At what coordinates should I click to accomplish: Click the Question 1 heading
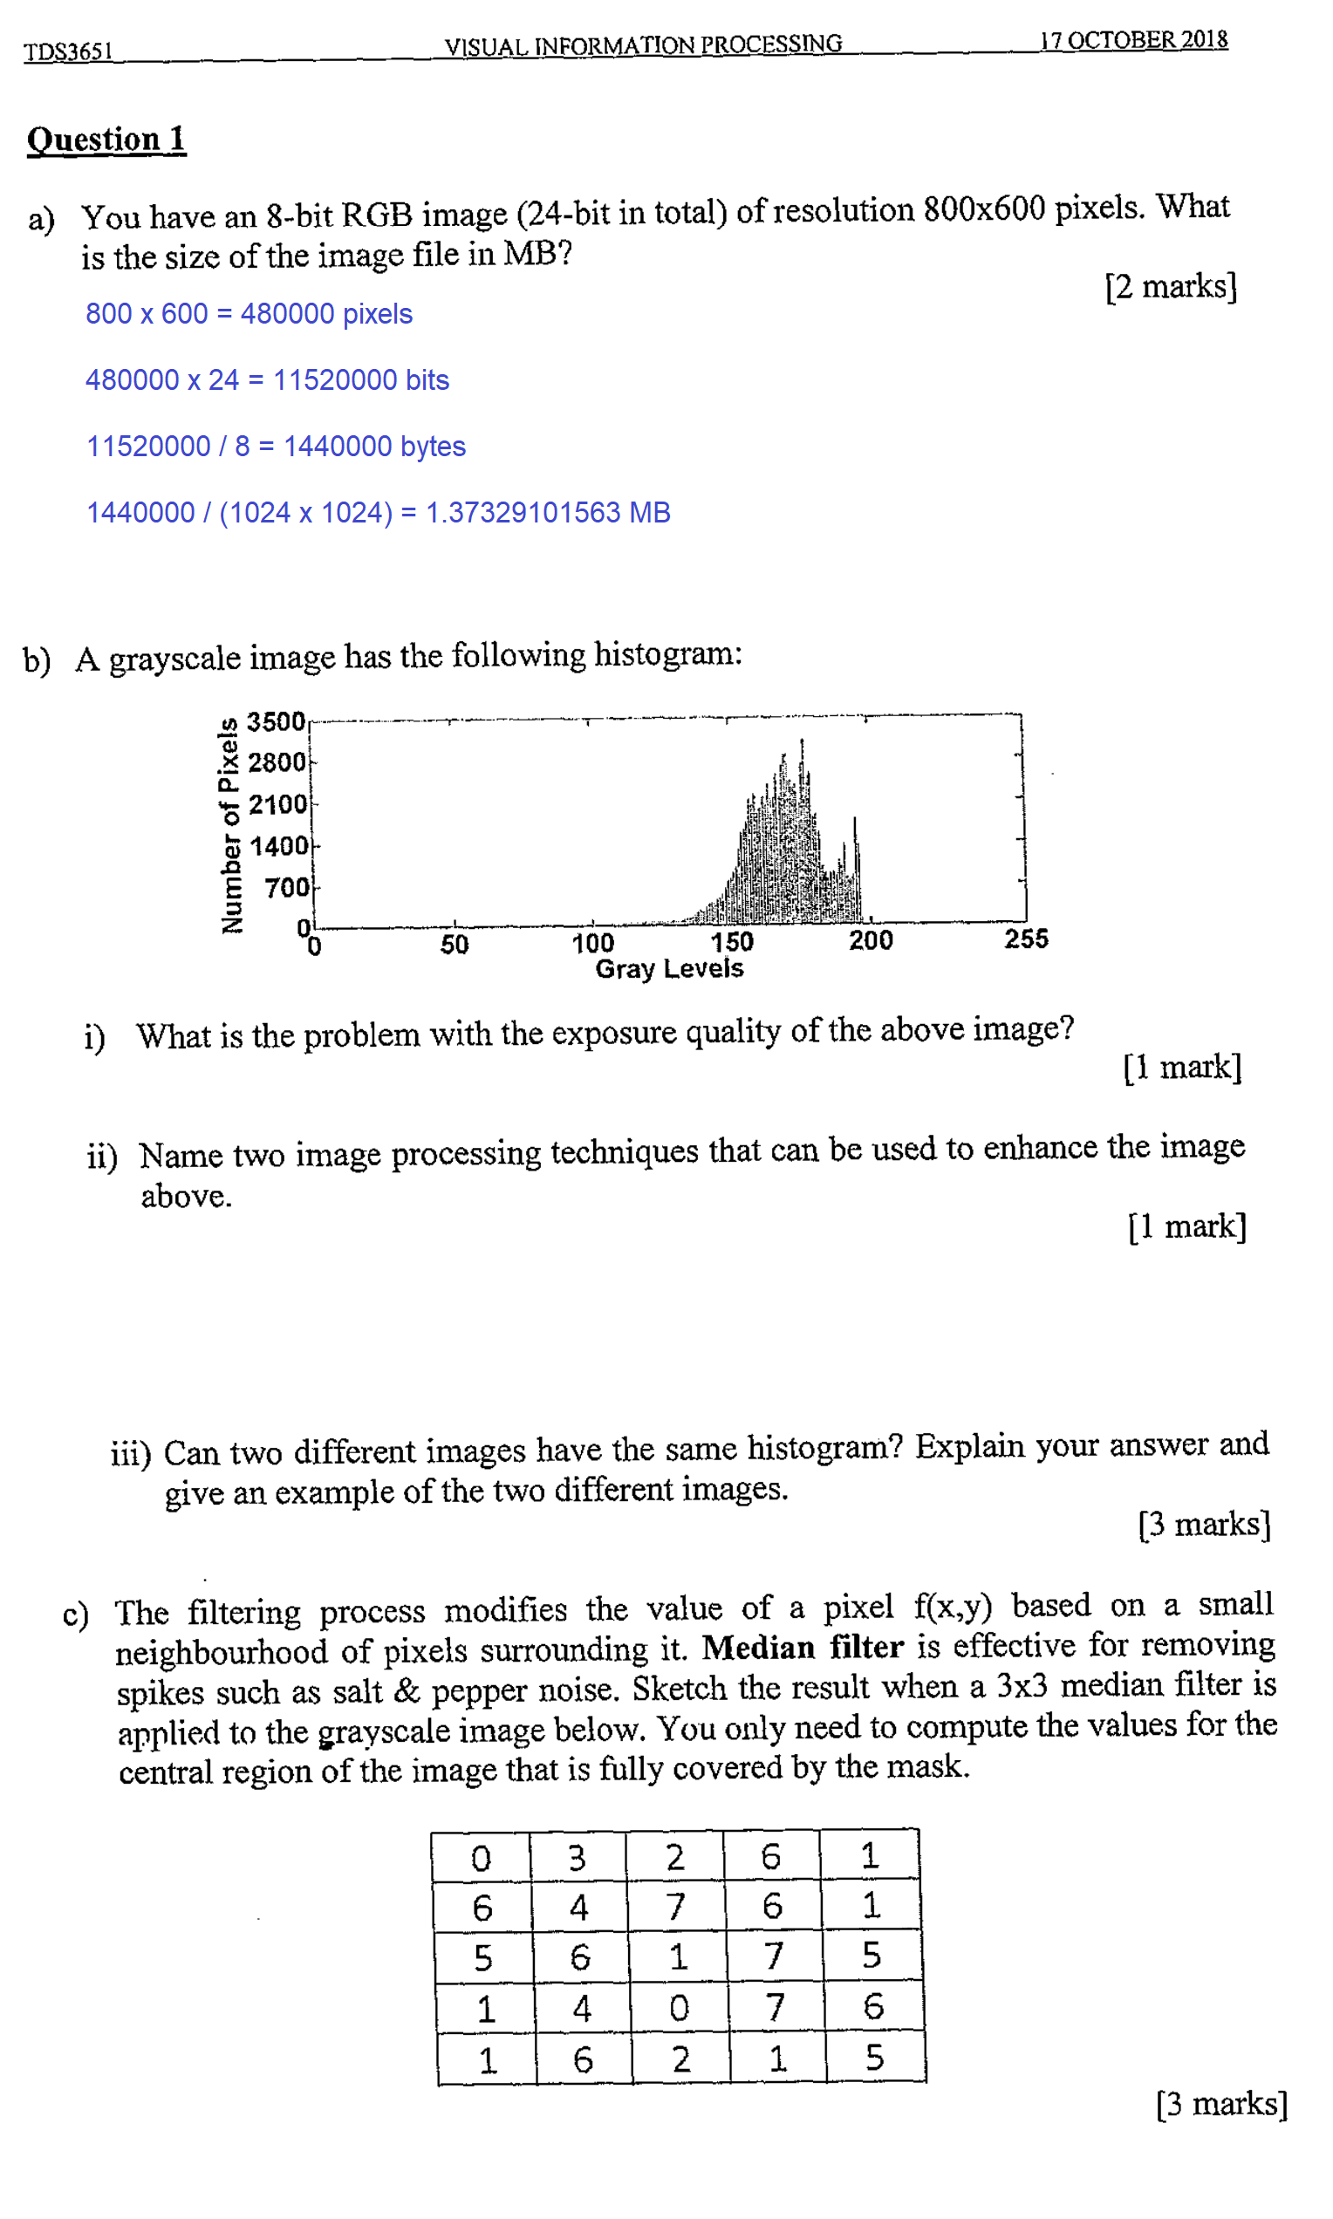pos(106,140)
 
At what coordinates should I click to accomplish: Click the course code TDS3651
pos(68,51)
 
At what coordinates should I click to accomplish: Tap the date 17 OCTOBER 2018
pos(1132,40)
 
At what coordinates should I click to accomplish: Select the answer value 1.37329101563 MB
pos(548,512)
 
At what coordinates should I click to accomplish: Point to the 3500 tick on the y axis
pos(276,721)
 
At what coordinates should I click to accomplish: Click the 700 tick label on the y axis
pos(285,887)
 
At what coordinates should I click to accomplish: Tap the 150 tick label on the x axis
pos(731,941)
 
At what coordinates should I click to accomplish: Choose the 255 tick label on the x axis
pos(1026,939)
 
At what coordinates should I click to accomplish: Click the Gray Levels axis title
pos(669,968)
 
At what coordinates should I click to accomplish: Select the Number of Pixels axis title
pos(230,825)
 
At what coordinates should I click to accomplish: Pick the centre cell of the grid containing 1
pos(678,1956)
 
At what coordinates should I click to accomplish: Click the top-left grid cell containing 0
pos(482,1858)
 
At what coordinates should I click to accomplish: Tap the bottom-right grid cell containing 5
pos(874,2058)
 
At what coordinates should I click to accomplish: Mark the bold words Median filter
pos(802,1647)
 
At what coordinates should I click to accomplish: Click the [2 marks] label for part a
pos(1171,286)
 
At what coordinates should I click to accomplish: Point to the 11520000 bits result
pos(360,379)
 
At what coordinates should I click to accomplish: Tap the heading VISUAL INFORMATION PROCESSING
pos(643,44)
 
